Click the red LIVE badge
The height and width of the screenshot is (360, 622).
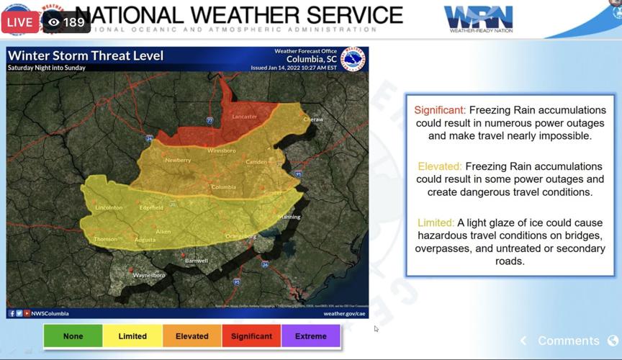click(x=20, y=22)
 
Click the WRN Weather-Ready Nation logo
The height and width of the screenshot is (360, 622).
click(x=478, y=19)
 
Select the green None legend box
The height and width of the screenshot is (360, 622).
click(x=73, y=336)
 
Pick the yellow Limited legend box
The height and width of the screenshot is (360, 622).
click(x=132, y=336)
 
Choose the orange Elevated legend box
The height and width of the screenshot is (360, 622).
click(x=192, y=336)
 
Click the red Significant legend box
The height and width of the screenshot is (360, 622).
click(x=252, y=336)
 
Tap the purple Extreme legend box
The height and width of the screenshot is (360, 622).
click(x=311, y=336)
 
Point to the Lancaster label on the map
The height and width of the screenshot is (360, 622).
click(x=244, y=117)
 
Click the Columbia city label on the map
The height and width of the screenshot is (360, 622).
click(x=223, y=187)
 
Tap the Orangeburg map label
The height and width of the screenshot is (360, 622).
click(x=240, y=236)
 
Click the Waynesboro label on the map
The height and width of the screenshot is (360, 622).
click(x=149, y=275)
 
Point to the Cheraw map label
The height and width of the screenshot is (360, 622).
click(x=313, y=120)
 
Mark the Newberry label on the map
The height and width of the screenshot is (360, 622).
click(x=178, y=161)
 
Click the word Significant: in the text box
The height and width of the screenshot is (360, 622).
click(x=440, y=110)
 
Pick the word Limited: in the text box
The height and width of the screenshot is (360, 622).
click(x=436, y=222)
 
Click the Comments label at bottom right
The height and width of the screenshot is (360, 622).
click(x=568, y=341)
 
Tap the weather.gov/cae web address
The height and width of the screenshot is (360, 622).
click(x=345, y=313)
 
